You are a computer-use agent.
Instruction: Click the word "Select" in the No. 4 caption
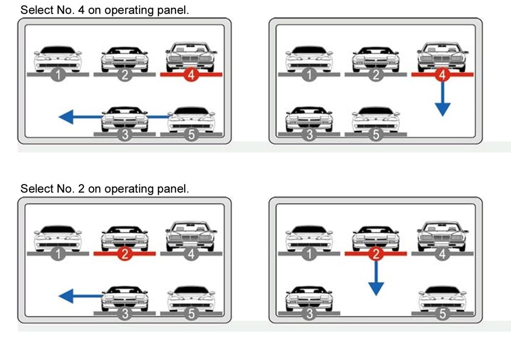34,10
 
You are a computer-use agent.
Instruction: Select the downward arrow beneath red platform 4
442,98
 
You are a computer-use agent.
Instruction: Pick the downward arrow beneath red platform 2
377,278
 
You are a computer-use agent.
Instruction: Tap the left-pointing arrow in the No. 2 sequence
77,296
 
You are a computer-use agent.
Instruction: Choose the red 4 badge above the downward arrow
442,75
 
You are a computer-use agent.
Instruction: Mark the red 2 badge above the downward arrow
377,254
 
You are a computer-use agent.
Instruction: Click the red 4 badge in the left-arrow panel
191,75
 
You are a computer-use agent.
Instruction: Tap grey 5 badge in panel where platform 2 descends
442,313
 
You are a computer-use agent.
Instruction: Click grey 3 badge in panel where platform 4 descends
309,135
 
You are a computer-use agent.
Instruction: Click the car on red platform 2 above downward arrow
376,238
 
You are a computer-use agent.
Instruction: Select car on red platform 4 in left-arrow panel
191,58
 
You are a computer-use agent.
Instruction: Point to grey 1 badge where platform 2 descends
309,254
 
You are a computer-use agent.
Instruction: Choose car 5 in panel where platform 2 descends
442,297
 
